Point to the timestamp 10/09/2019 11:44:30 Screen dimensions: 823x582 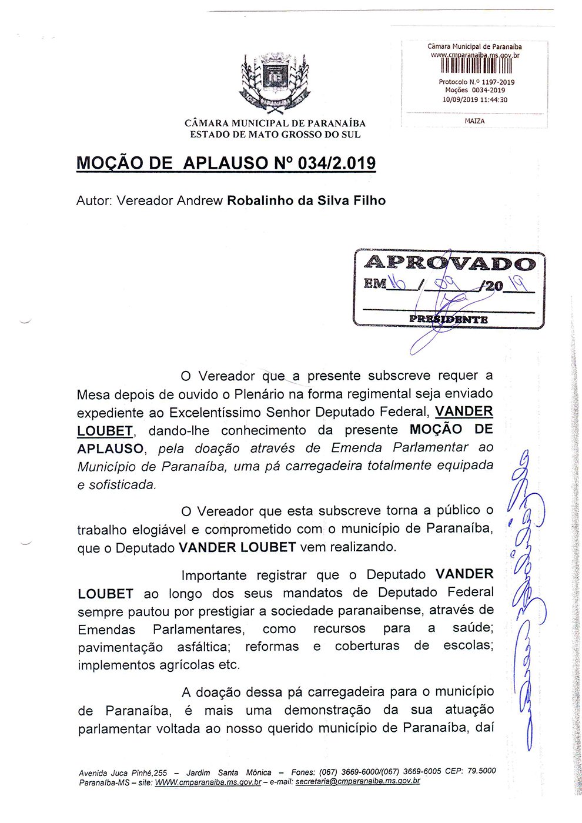tap(474, 100)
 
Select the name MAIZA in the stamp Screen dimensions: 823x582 tap(474, 121)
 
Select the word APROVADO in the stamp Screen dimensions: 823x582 tap(450, 263)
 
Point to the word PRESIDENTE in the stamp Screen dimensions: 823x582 tap(449, 320)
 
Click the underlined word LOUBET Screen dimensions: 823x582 tap(105, 431)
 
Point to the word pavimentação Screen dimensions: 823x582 tap(120, 647)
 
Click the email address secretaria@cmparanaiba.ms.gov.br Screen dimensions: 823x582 tap(357, 782)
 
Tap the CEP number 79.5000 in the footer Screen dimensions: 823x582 tap(481, 771)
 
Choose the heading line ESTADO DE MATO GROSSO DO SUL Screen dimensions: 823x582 tap(275, 134)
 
